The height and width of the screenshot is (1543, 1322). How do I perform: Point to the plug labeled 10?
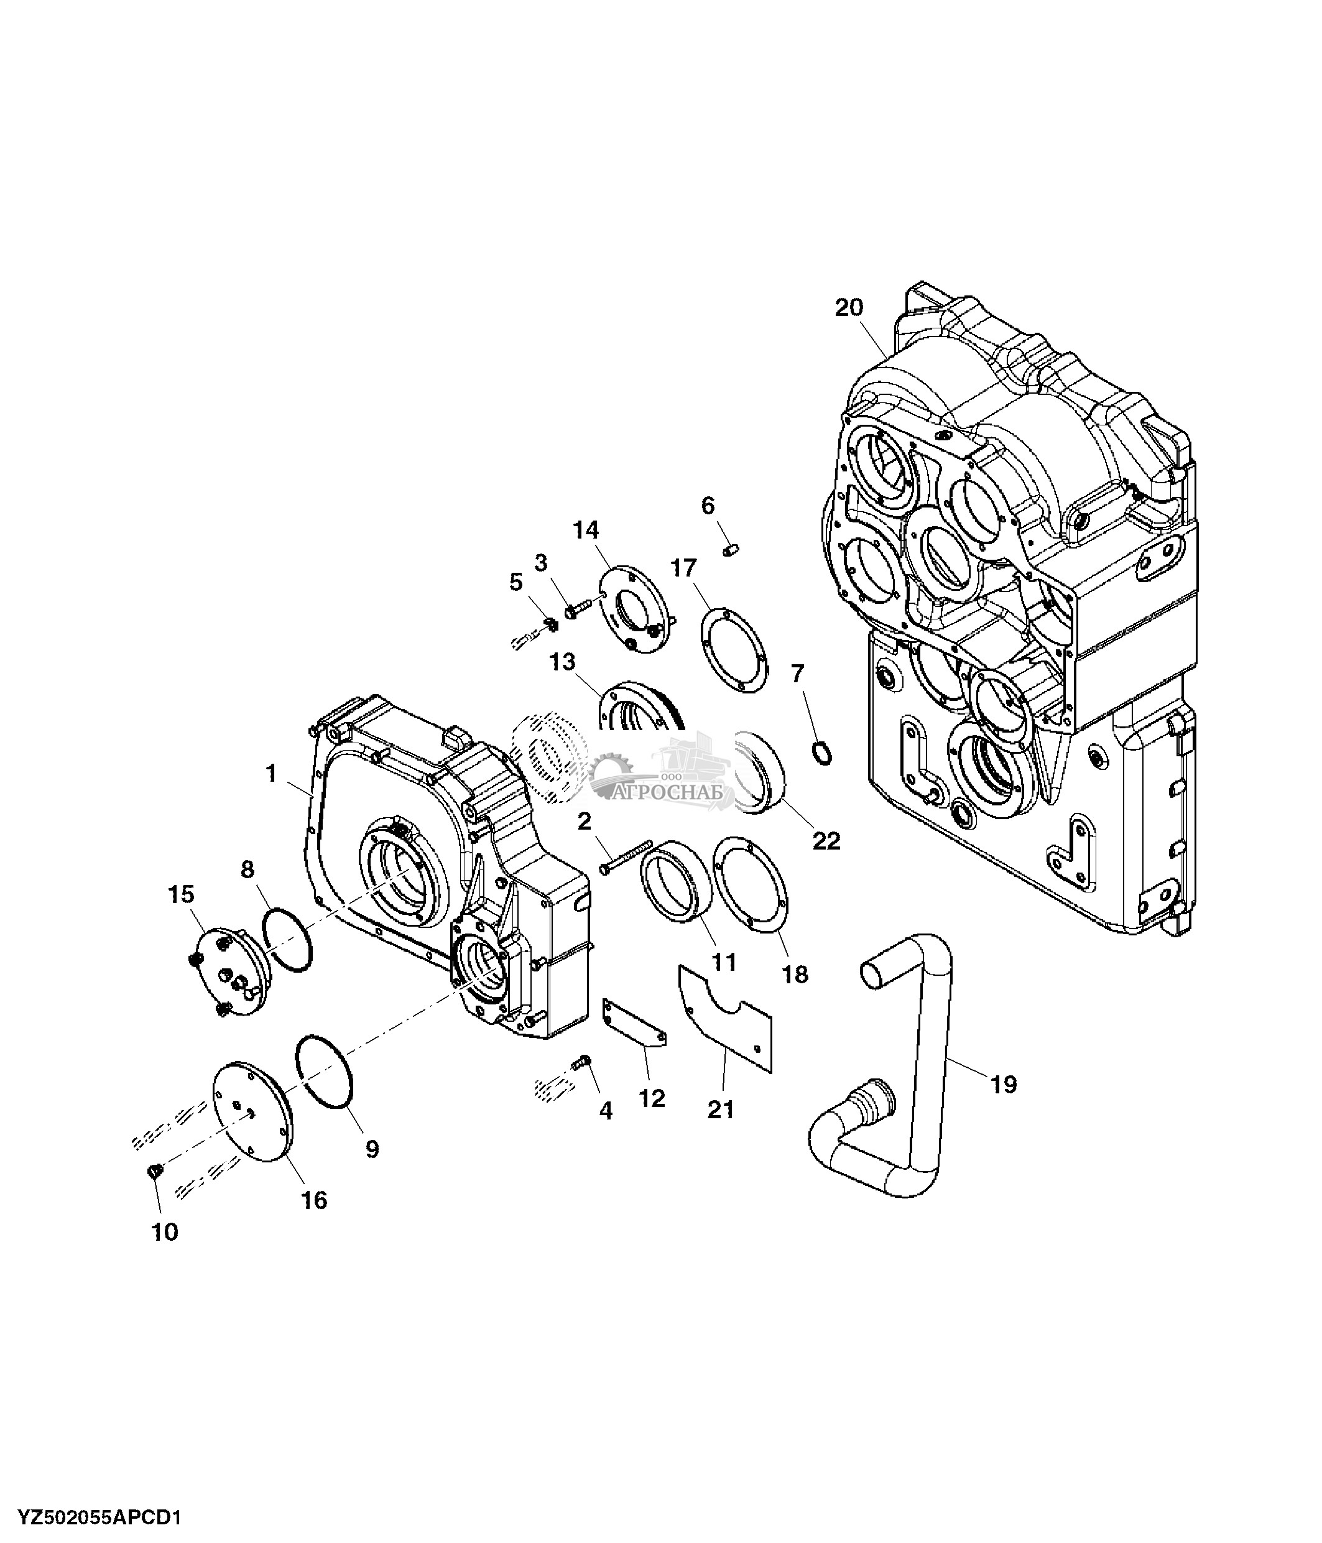point(154,1173)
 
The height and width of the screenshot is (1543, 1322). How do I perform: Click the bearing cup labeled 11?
point(677,883)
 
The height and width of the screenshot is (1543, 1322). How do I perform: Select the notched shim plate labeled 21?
point(726,1020)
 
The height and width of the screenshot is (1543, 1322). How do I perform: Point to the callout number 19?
point(1004,1084)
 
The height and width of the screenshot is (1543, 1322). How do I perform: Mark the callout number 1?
point(271,774)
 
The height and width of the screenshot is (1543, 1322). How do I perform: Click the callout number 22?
point(826,841)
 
